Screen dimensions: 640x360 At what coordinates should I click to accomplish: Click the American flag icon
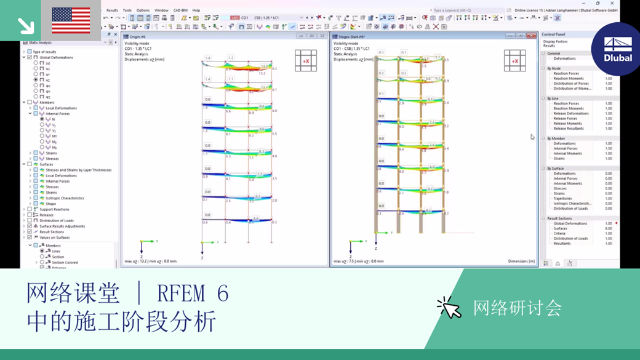point(71,20)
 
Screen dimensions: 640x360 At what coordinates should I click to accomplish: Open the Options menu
point(143,10)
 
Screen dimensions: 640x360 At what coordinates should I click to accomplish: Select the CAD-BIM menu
point(180,10)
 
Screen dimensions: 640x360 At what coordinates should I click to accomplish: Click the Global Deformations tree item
point(56,57)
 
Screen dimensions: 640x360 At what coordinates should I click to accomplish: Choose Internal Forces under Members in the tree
point(57,114)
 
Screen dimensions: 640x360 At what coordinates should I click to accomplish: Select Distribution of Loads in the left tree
point(57,220)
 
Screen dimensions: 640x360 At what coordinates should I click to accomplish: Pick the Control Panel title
point(554,34)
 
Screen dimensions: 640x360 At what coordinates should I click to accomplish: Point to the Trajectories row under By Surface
point(564,199)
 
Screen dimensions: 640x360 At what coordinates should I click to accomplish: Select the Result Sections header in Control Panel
point(559,218)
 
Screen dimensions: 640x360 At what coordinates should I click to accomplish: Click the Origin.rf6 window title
point(138,36)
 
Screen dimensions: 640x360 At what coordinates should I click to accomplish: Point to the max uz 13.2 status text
point(151,262)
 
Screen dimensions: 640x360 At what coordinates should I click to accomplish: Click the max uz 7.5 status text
point(359,262)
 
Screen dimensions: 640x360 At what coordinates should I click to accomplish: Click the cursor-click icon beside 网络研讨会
point(449,308)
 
